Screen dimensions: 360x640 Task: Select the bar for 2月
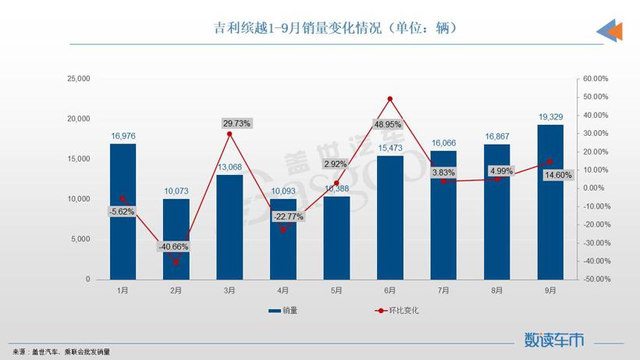pos(176,239)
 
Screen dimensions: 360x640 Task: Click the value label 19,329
pos(550,116)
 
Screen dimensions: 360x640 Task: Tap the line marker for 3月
pos(229,134)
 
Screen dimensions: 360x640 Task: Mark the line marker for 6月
pos(389,99)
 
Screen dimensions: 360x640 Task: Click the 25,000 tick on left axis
pos(79,79)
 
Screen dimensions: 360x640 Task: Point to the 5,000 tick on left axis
pos(81,239)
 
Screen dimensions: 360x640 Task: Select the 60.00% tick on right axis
pos(596,79)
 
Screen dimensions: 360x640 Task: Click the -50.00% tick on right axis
pos(595,279)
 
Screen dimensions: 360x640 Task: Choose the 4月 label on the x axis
pos(283,290)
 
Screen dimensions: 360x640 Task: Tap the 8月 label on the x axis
pos(497,290)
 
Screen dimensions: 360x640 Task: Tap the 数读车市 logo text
pos(553,340)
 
